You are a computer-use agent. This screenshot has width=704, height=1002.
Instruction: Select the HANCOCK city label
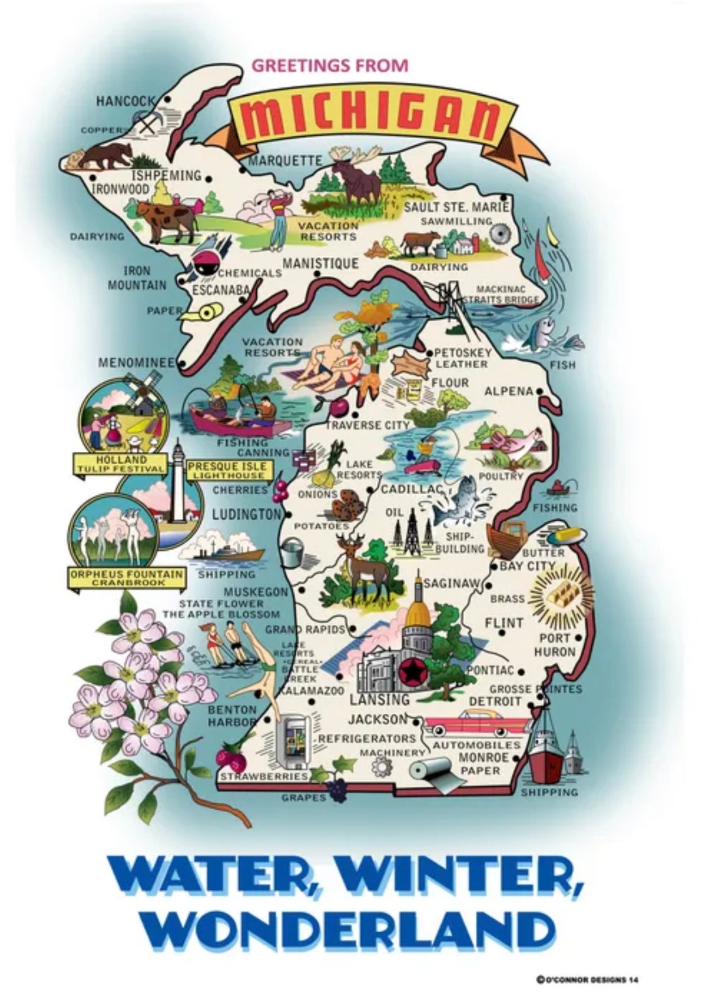[126, 101]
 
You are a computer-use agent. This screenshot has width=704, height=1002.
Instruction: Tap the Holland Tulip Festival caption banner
[121, 464]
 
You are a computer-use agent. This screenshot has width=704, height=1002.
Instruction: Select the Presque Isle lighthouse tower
[177, 482]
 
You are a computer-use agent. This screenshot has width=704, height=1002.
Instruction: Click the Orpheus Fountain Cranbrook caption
[126, 577]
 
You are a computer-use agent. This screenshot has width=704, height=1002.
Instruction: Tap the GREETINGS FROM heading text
[329, 65]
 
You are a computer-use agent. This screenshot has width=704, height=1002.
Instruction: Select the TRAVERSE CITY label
[368, 425]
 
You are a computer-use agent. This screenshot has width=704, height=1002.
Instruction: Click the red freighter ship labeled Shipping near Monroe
[545, 756]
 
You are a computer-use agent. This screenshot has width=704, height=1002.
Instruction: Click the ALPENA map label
[508, 391]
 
